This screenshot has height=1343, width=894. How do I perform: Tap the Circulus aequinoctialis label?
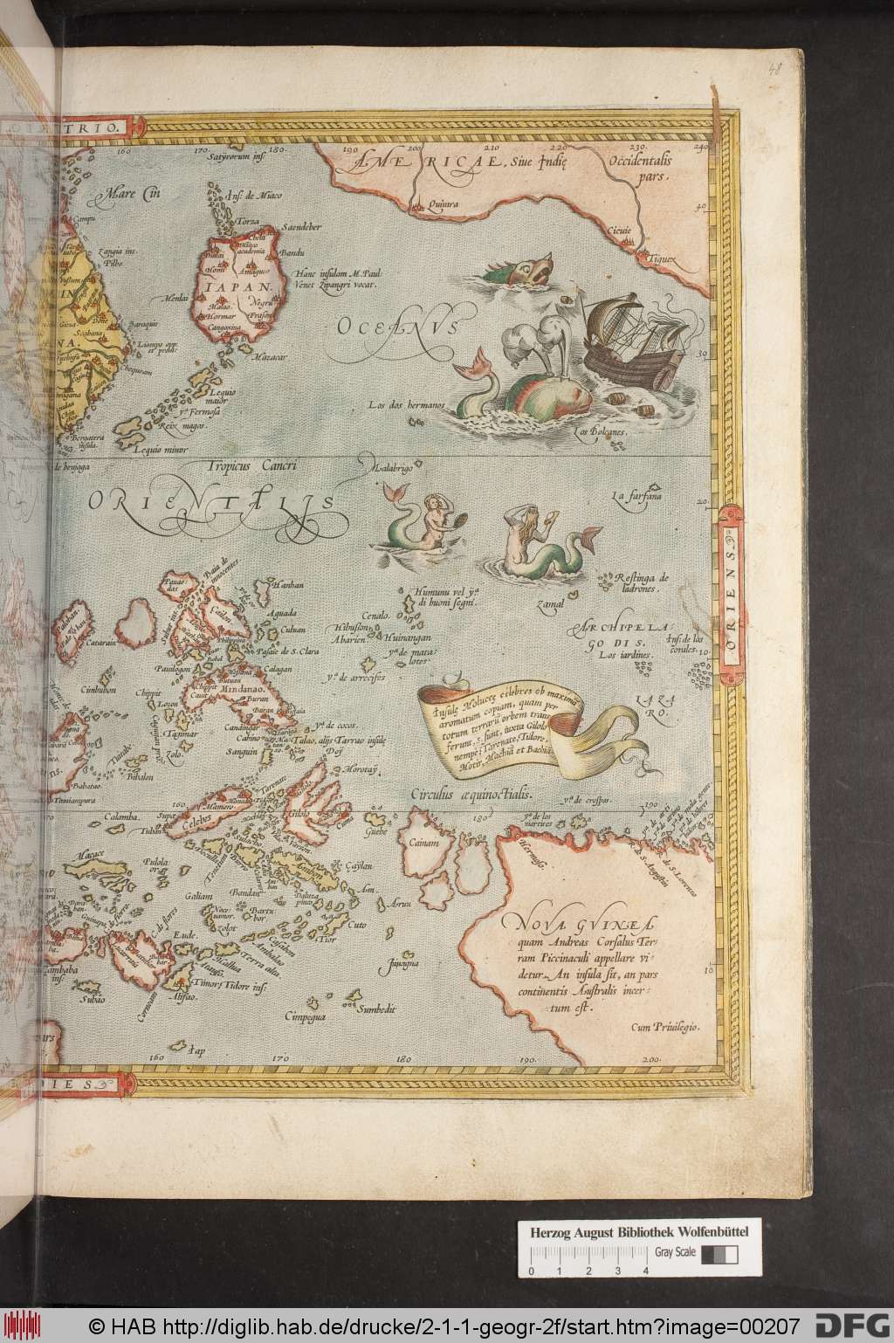click(471, 795)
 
